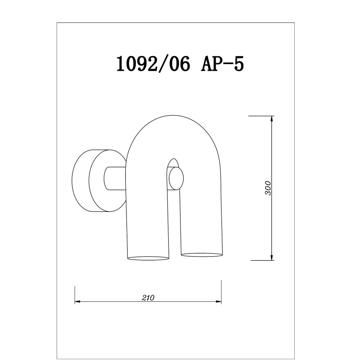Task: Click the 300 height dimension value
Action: tap(268, 188)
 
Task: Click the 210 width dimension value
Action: tap(148, 298)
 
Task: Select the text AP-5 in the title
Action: tap(222, 64)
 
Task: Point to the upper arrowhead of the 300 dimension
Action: tap(271, 119)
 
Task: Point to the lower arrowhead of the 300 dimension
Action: tap(271, 257)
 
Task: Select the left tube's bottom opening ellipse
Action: tap(148, 258)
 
